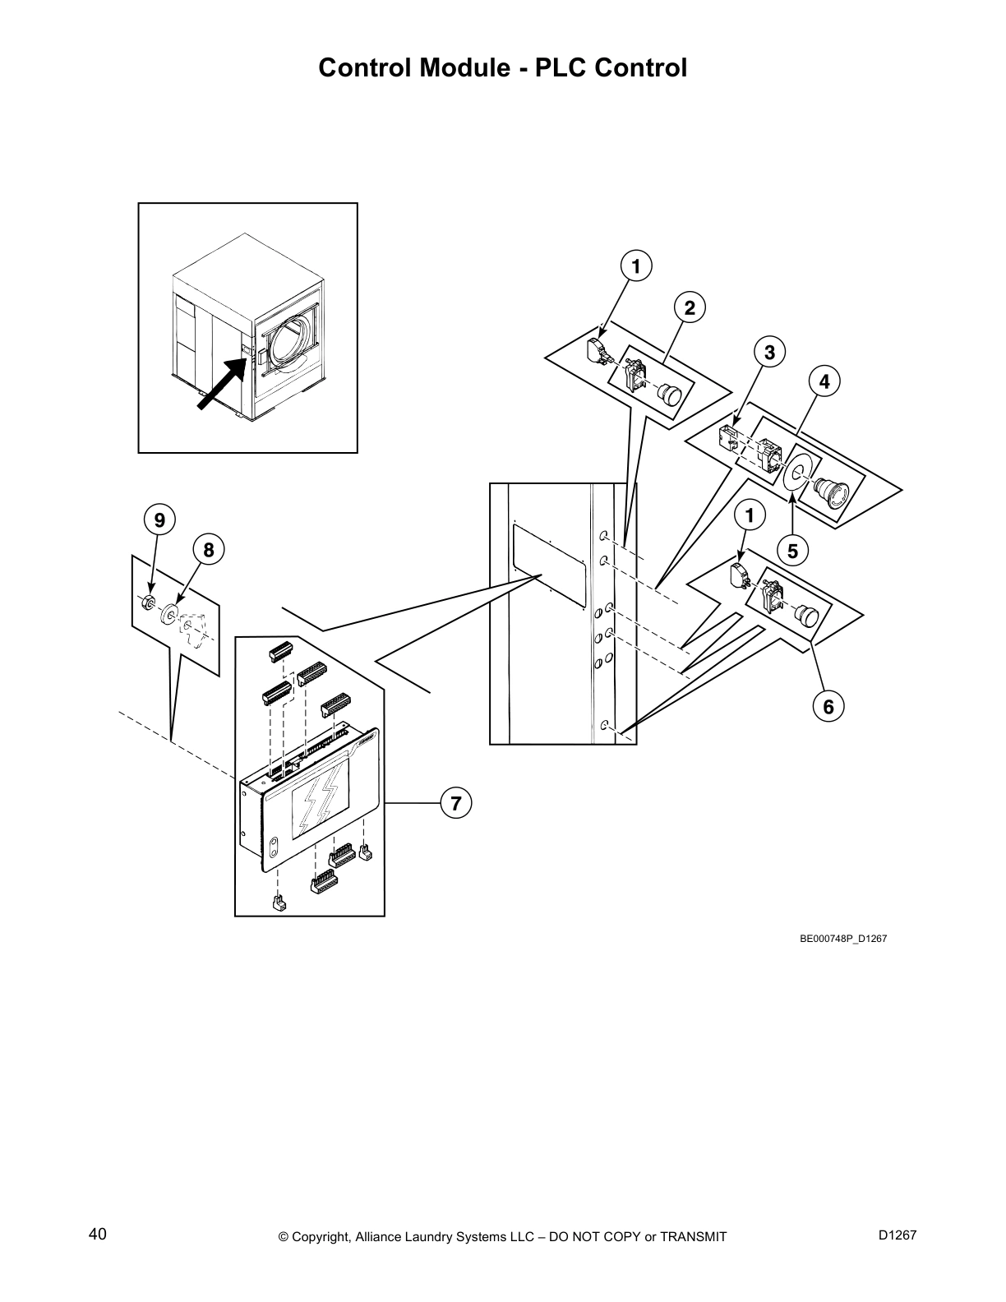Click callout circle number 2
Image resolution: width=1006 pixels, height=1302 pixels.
pos(690,308)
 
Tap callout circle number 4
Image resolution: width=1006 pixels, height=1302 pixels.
pos(824,381)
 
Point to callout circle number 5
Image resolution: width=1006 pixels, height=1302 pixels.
pos(792,551)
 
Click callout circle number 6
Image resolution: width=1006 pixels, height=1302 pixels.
pos(828,706)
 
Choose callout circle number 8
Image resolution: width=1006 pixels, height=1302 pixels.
pos(208,549)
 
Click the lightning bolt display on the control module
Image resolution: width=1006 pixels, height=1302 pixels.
pos(318,800)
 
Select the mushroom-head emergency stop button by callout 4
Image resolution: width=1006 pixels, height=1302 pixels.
pos(830,494)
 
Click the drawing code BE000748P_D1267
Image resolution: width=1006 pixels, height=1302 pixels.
pos(843,938)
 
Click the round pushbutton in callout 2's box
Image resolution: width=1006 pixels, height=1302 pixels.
pos(671,395)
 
